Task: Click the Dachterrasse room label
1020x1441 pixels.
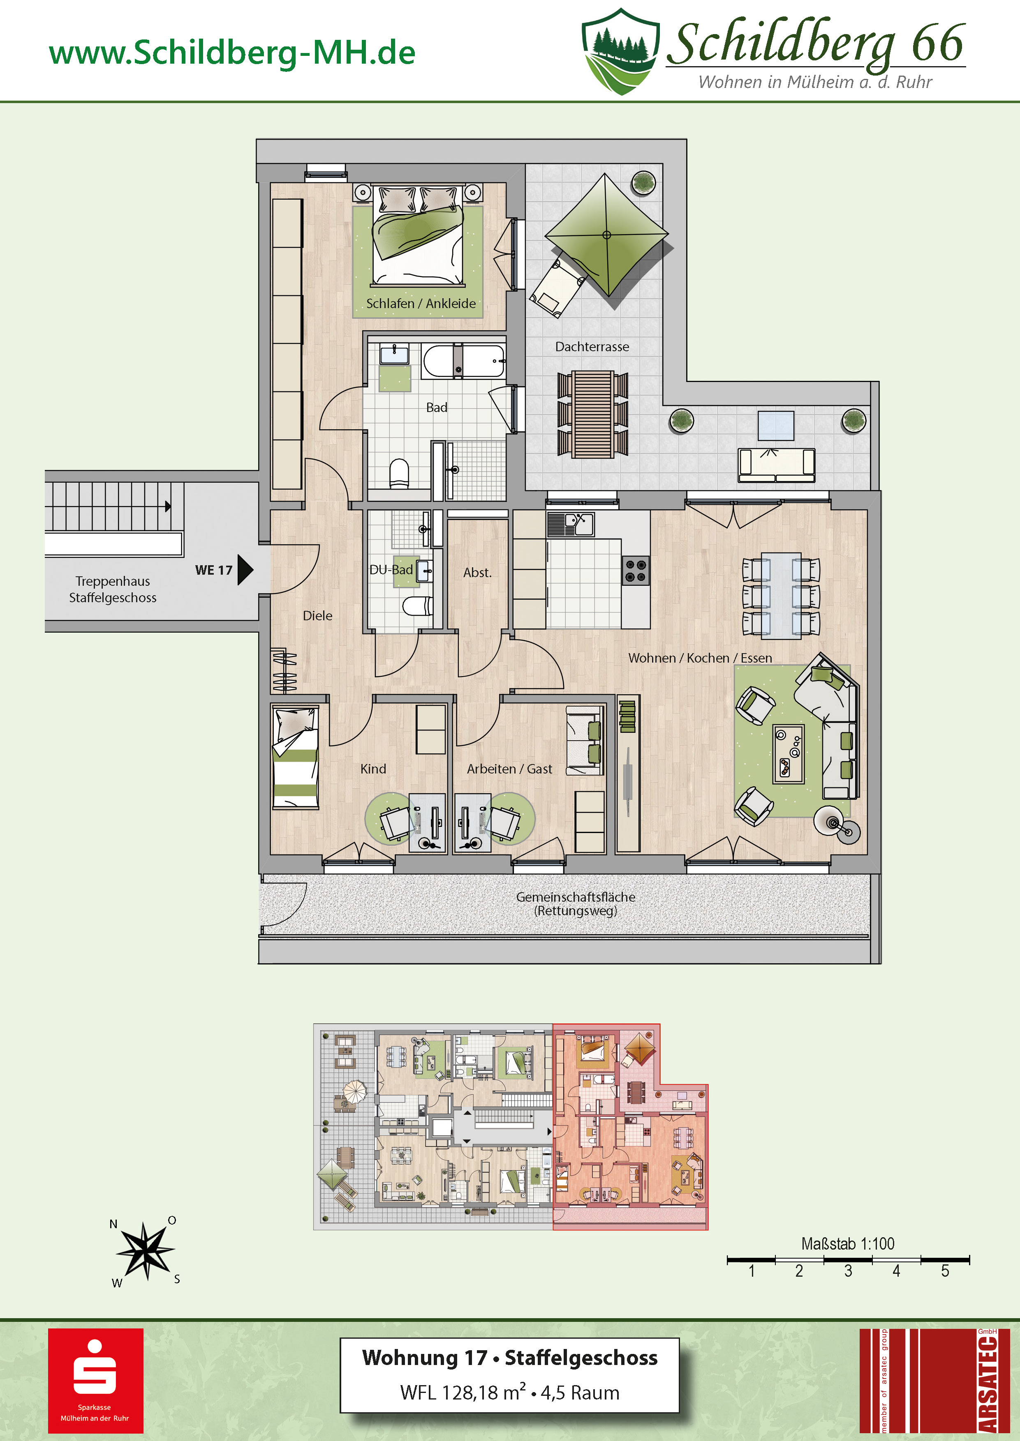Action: (592, 346)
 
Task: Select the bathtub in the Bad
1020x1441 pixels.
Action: (463, 361)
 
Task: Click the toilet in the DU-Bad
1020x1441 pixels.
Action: (417, 605)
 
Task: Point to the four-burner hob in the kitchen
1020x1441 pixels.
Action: (636, 570)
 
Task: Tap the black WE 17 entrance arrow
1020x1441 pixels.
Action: (245, 570)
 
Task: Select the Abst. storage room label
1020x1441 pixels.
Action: (477, 572)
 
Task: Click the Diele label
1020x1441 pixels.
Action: (317, 616)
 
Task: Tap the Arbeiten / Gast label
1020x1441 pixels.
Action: (509, 769)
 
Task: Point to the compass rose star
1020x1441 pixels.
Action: (145, 1250)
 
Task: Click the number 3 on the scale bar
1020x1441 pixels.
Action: (848, 1271)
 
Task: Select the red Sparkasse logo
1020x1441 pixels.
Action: (95, 1381)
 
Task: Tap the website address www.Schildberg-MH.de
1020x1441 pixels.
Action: (232, 53)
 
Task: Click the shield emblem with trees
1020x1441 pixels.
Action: (620, 51)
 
